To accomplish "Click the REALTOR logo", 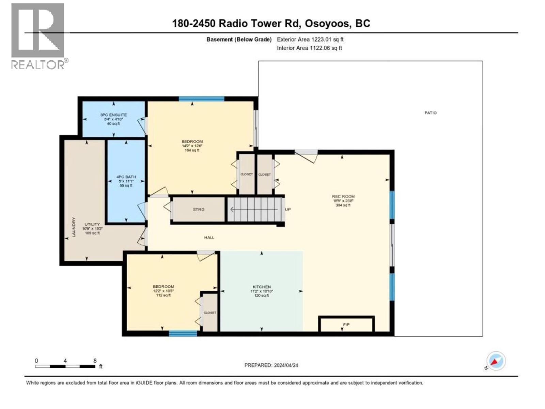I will [37, 36].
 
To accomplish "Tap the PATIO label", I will [430, 113].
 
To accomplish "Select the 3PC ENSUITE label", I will [113, 115].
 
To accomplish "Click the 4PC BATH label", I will [126, 177].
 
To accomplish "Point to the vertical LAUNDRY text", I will [73, 227].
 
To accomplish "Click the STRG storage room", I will [199, 209].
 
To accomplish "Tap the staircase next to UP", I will [255, 209].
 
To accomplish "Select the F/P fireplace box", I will [346, 324].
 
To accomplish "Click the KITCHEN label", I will [262, 287].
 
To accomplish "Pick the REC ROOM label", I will [343, 196].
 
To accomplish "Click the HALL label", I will [209, 238].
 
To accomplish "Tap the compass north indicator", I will [496, 361].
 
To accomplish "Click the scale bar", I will [65, 366].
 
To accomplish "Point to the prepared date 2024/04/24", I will [271, 365].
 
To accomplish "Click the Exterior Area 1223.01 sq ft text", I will [310, 40].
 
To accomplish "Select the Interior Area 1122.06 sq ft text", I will [309, 48].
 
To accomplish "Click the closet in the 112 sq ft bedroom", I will [210, 313].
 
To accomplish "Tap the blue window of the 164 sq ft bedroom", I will [201, 99].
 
